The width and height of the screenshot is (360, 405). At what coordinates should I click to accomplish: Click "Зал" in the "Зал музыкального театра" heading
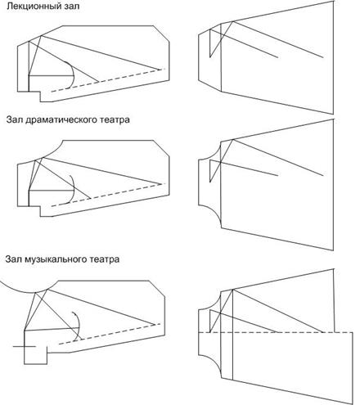click(x=13, y=259)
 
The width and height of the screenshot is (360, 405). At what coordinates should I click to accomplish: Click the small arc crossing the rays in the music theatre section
click(x=79, y=325)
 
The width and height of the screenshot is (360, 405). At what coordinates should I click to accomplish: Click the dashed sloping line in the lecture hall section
click(x=108, y=80)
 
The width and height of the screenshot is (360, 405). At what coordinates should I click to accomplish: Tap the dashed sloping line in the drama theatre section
click(x=108, y=195)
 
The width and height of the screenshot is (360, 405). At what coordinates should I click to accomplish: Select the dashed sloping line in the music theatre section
click(x=109, y=334)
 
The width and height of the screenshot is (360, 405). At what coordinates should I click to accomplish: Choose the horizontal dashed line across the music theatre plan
click(x=276, y=332)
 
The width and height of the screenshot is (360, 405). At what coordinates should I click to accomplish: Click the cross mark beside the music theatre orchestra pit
click(x=25, y=346)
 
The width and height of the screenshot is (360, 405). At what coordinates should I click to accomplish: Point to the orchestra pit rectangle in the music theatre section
click(x=35, y=347)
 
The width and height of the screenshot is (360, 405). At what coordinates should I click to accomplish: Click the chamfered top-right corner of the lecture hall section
click(x=161, y=34)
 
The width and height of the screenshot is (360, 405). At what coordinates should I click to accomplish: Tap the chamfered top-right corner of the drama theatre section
click(x=161, y=148)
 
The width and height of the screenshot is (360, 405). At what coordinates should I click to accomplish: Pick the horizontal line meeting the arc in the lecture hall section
click(x=52, y=75)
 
